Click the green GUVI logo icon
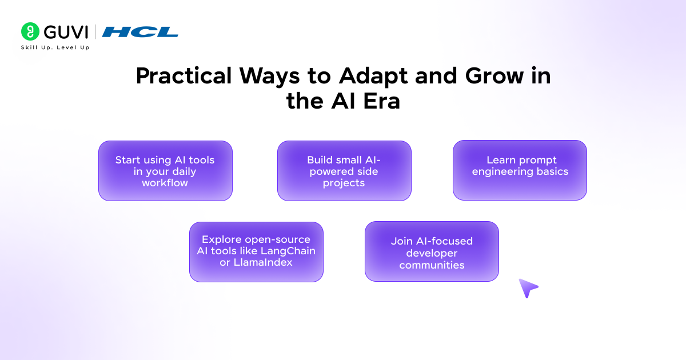[30, 31]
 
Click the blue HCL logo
[140, 32]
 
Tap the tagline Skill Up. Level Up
[55, 47]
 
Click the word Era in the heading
[377, 101]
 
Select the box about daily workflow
[165, 171]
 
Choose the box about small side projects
[344, 171]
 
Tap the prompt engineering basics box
[520, 170]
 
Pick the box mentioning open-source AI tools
[256, 251]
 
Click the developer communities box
[432, 251]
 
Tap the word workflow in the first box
[165, 183]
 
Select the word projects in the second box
[344, 183]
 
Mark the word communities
[432, 265]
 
